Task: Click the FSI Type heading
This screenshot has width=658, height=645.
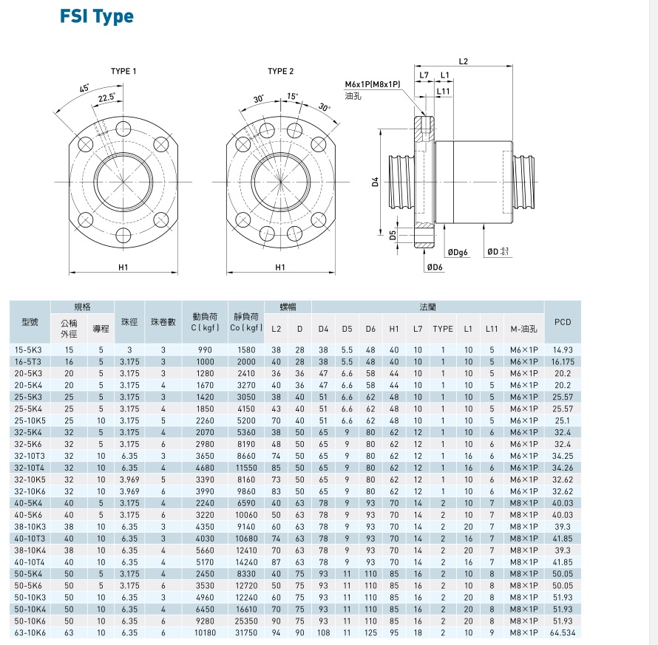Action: (97, 17)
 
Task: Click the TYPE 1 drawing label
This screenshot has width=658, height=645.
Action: (123, 72)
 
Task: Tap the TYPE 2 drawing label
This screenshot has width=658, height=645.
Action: (280, 72)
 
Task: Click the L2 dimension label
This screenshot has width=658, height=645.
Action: (464, 61)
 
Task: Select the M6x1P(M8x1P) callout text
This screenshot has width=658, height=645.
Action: (372, 84)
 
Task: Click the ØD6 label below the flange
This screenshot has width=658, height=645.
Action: (435, 267)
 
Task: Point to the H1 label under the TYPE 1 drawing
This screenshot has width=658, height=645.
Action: (123, 267)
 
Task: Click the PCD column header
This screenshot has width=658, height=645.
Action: (563, 322)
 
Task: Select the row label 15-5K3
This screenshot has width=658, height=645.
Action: (29, 349)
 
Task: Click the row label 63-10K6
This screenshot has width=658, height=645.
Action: (29, 633)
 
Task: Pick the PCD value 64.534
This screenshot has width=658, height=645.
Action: (563, 633)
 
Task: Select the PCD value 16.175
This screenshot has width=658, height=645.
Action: (563, 361)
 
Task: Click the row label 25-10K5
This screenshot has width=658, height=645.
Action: (29, 420)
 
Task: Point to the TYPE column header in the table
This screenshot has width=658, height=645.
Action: (443, 328)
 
